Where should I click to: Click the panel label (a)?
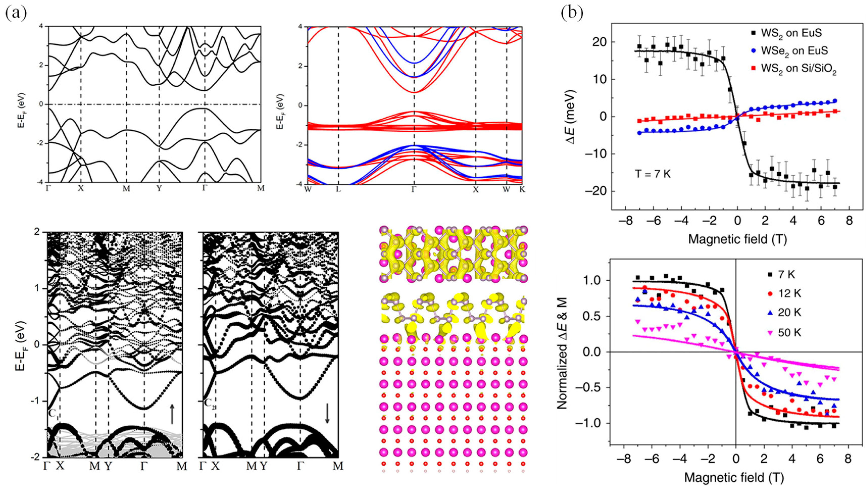point(16,13)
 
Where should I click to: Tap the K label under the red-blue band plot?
point(522,189)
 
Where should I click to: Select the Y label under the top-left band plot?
point(159,188)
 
